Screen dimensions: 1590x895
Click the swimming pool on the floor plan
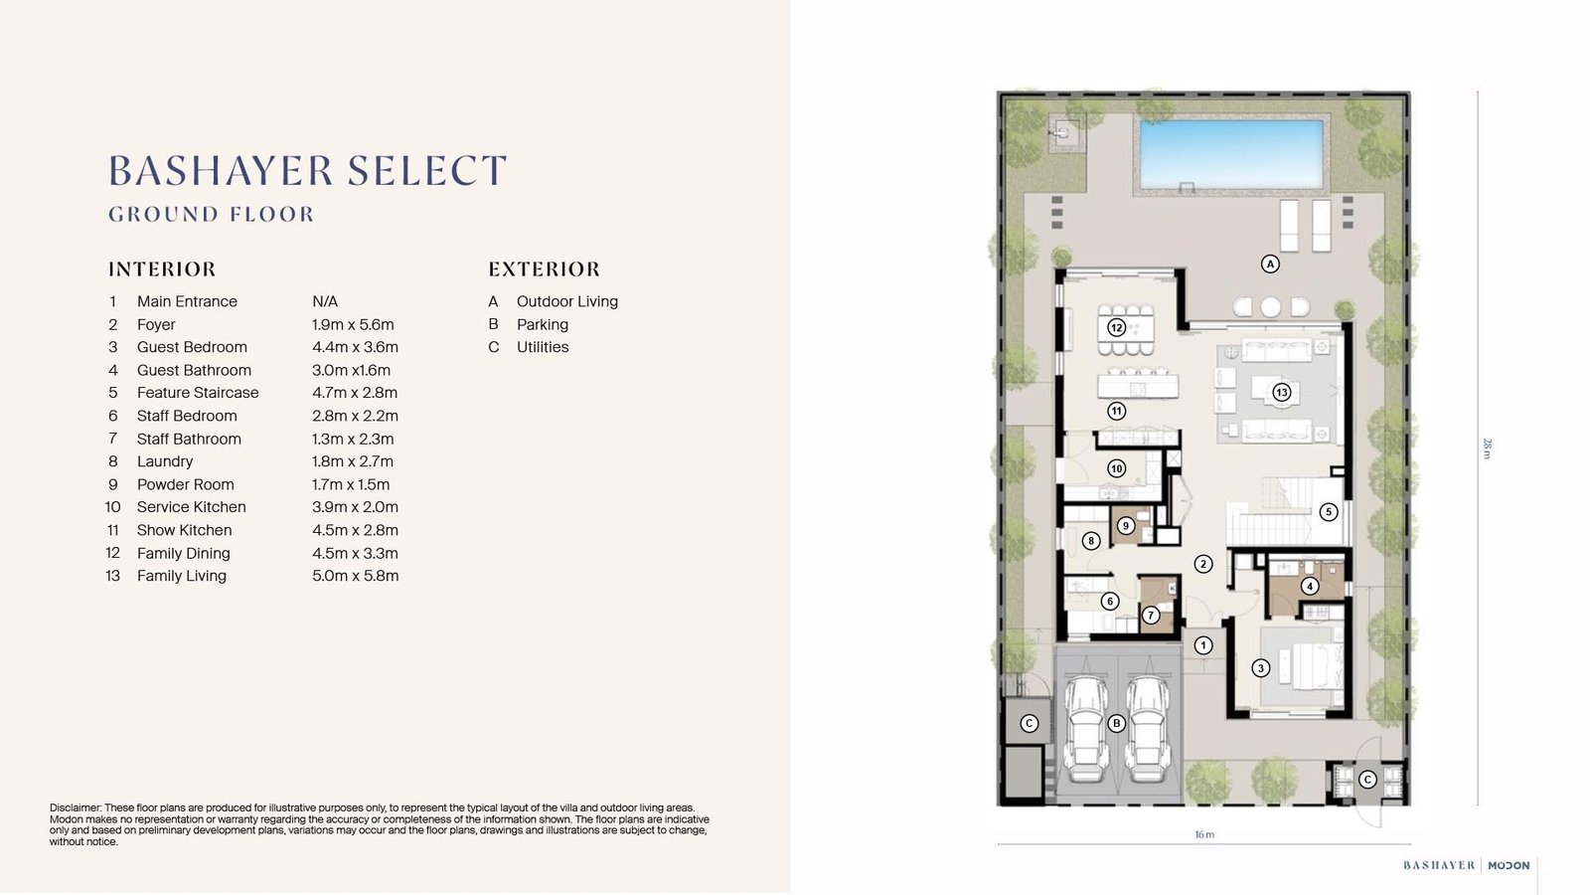1231,155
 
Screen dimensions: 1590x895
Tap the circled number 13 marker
1281,392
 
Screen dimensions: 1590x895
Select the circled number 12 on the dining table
1117,327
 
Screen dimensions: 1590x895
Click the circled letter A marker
1270,264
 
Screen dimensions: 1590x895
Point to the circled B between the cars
1117,723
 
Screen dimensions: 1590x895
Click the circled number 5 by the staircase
1328,511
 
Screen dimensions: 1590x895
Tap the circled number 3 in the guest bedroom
1261,667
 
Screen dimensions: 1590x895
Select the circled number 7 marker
1151,616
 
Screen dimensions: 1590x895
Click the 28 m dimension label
1487,448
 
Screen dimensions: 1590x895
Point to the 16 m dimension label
1204,834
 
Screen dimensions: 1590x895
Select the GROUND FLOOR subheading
211,215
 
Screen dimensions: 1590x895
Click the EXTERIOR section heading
544,269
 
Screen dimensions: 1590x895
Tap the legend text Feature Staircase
198,393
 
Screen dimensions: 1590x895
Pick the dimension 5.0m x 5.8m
355,576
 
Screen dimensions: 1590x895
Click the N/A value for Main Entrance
324,301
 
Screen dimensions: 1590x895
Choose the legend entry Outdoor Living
567,301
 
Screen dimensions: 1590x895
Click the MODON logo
1509,865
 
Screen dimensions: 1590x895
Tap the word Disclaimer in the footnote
76,807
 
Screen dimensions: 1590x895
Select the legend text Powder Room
185,484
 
